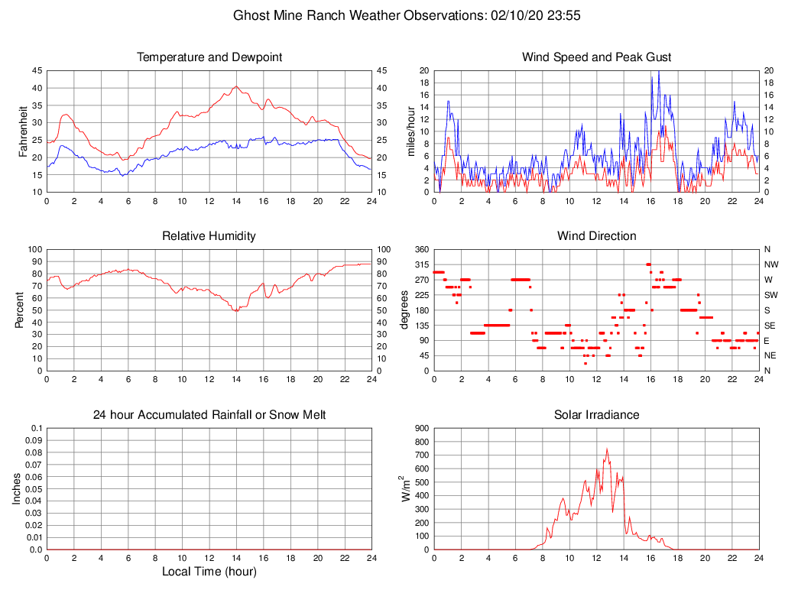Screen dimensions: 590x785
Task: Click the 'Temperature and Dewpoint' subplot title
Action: coord(209,57)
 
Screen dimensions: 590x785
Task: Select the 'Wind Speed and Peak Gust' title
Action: coord(596,57)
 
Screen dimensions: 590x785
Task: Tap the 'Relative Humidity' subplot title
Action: coord(209,236)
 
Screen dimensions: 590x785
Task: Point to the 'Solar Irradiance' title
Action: coord(596,415)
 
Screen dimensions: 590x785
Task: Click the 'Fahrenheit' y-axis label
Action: coord(24,131)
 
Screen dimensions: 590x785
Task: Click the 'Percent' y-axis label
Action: coord(21,310)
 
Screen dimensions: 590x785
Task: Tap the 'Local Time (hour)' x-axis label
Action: coord(209,572)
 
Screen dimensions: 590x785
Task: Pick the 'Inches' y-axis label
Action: coord(18,488)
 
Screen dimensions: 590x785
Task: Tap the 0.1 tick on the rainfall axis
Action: coord(36,428)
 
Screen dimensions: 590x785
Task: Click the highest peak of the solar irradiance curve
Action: coord(607,449)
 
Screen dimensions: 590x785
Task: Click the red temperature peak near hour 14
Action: coord(236,86)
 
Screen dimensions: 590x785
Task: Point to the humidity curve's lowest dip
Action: coord(237,311)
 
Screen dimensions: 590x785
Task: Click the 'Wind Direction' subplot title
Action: coord(596,236)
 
